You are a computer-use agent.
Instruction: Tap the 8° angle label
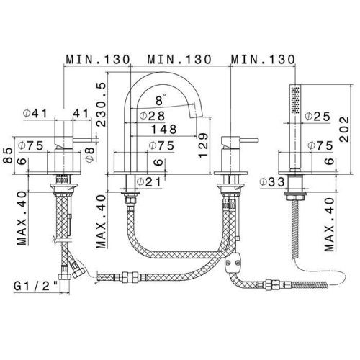[161, 100]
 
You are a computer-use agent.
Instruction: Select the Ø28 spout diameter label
[152, 116]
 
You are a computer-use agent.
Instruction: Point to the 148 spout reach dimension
[164, 130]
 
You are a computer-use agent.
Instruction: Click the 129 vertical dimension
[203, 145]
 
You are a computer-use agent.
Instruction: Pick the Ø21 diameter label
[149, 182]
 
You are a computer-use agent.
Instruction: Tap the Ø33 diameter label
[272, 182]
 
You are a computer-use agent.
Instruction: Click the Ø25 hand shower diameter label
[318, 117]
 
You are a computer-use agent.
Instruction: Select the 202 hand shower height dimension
[344, 130]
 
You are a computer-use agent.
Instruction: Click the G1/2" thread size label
[36, 286]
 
